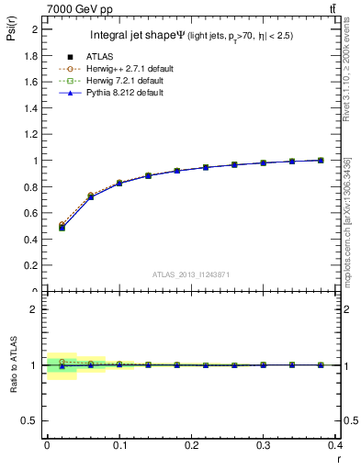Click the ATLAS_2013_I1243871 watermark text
point(189,274)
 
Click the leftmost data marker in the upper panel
point(62,226)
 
